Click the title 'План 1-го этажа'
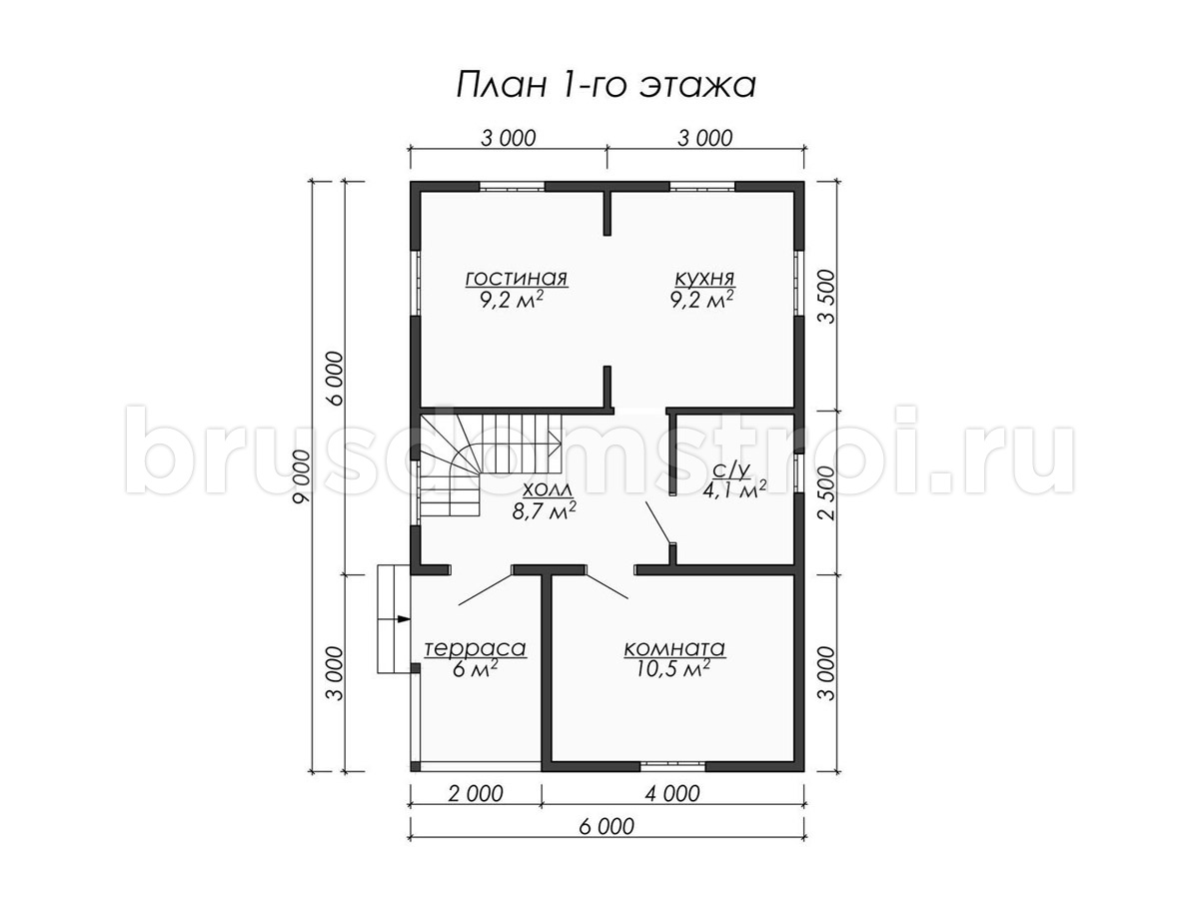click(605, 86)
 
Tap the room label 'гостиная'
click(517, 279)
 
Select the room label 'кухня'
click(704, 279)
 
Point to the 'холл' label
click(546, 488)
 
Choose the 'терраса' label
click(476, 649)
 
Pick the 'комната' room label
click(674, 649)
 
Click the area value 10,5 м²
click(673, 669)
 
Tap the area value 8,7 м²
click(545, 510)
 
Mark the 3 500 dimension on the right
click(828, 297)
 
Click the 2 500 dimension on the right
click(828, 492)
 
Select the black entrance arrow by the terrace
click(404, 619)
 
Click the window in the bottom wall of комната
click(672, 766)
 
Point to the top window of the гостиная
click(512, 186)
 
